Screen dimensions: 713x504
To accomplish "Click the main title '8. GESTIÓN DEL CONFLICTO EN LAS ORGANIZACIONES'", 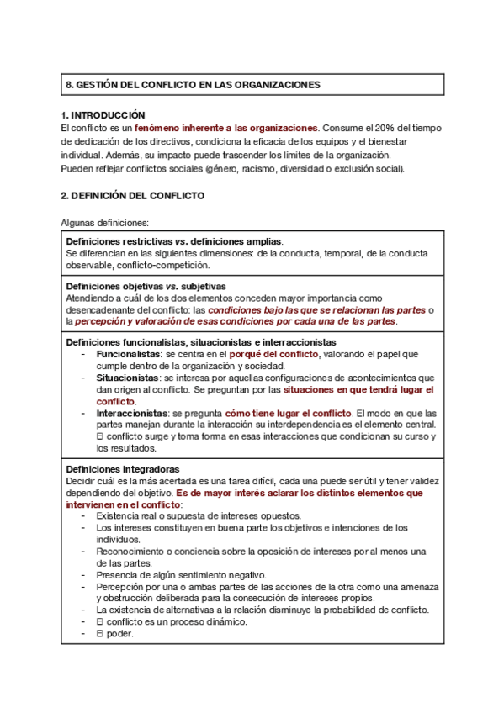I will pyautogui.click(x=193, y=86).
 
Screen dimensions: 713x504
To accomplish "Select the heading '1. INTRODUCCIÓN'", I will pyautogui.click(x=103, y=115).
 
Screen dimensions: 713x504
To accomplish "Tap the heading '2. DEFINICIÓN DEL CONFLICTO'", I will pyautogui.click(x=132, y=195).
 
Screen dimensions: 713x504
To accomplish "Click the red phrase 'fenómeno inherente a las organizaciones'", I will pyautogui.click(x=227, y=128).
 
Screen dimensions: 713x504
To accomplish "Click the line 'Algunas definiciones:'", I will pyautogui.click(x=105, y=223).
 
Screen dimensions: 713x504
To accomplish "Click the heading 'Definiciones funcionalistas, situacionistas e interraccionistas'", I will pyautogui.click(x=200, y=342).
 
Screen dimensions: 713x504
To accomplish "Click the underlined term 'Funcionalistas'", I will pyautogui.click(x=128, y=355).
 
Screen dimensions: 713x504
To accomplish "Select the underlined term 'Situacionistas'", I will pyautogui.click(x=128, y=378).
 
